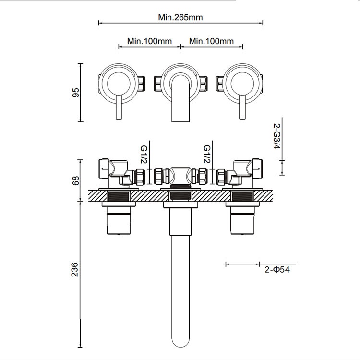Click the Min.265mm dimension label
point(180,17)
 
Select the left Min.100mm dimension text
point(149,41)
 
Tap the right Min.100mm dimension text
point(211,41)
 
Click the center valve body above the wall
point(180,176)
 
